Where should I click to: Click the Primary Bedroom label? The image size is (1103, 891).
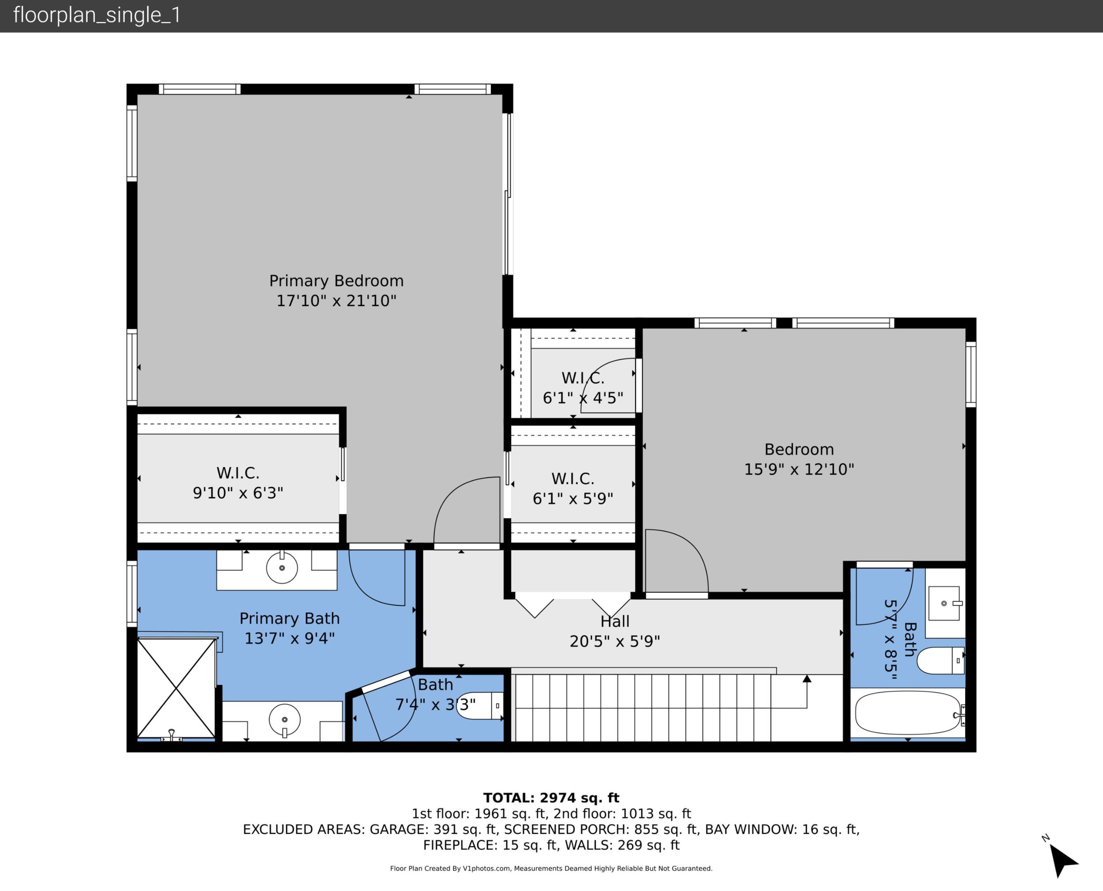(336, 281)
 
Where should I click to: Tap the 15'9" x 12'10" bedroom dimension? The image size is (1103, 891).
(799, 469)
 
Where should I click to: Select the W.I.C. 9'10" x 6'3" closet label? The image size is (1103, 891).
(238, 483)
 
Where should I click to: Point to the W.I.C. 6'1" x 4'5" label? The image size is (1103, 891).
(583, 388)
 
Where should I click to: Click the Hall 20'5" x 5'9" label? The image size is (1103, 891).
(615, 631)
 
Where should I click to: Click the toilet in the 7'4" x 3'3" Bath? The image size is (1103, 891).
(480, 706)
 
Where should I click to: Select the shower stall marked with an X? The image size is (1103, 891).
(176, 688)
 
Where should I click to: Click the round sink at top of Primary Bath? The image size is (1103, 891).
(282, 568)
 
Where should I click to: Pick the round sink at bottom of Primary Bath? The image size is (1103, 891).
(284, 719)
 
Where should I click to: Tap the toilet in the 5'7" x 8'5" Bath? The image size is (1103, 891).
(940, 660)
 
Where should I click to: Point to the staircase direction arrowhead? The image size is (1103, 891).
(807, 679)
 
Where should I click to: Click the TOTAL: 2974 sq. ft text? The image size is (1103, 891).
(551, 798)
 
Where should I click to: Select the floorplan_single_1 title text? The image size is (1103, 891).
(97, 15)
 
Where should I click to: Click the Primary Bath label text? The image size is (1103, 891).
(290, 618)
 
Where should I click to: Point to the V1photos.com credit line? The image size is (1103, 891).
(551, 868)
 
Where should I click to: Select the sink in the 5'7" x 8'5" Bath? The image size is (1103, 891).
(944, 603)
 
